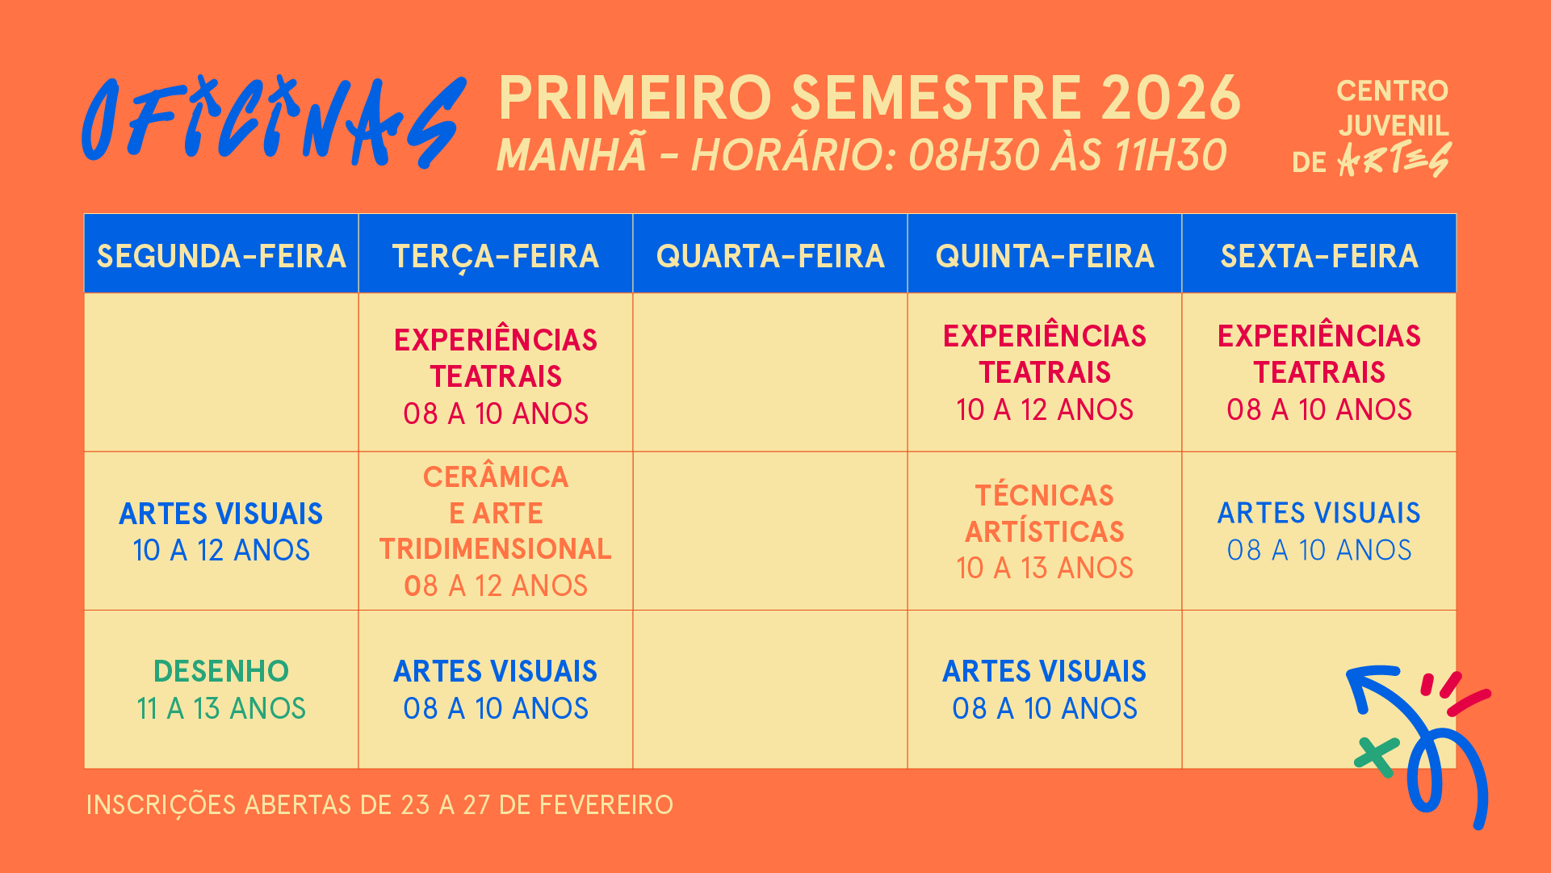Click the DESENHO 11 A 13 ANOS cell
click(x=221, y=690)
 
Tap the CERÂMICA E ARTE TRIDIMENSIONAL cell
click(x=496, y=531)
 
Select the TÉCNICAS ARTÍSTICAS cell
click(x=1045, y=531)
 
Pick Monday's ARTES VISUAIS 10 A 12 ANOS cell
click(x=221, y=531)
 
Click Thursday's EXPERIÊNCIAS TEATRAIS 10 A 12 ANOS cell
click(x=1045, y=372)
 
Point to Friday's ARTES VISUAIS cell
click(x=1319, y=531)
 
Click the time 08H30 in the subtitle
click(x=973, y=155)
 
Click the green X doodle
click(x=1377, y=758)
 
